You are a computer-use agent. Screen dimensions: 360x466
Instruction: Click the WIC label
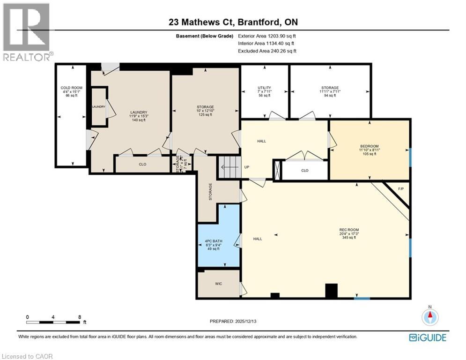[x=218, y=284]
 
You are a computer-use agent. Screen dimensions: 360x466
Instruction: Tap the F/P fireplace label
[x=400, y=189]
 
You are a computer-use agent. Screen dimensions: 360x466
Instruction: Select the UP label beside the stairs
[x=246, y=167]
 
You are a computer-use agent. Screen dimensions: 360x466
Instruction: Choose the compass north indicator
[x=429, y=317]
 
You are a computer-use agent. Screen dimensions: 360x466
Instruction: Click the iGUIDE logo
[x=427, y=337]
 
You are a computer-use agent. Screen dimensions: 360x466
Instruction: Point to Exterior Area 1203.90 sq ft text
[x=267, y=36]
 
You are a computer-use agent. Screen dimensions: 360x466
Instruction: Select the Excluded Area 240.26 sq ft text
[x=267, y=51]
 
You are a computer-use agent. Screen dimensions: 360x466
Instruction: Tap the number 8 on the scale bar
[x=80, y=317]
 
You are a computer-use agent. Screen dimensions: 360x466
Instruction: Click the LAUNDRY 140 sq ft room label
[x=139, y=115]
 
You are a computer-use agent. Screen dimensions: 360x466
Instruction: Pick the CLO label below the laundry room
[x=142, y=165]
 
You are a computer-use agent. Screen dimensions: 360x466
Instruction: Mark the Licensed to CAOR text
[x=27, y=356]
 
